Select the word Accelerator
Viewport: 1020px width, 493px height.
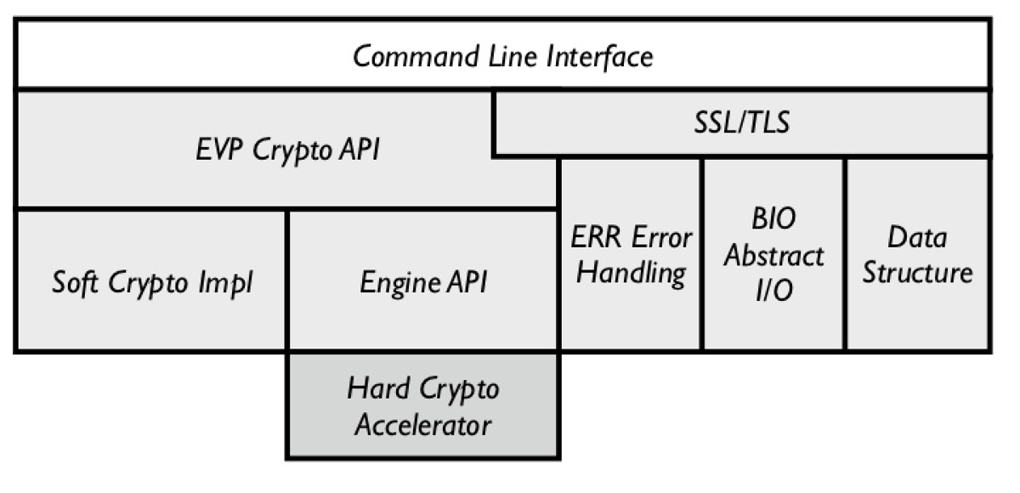coord(422,424)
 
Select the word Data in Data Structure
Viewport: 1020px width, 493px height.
coord(916,238)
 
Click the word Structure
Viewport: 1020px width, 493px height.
coord(916,274)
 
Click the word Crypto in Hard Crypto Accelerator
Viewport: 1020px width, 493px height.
coord(459,389)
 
